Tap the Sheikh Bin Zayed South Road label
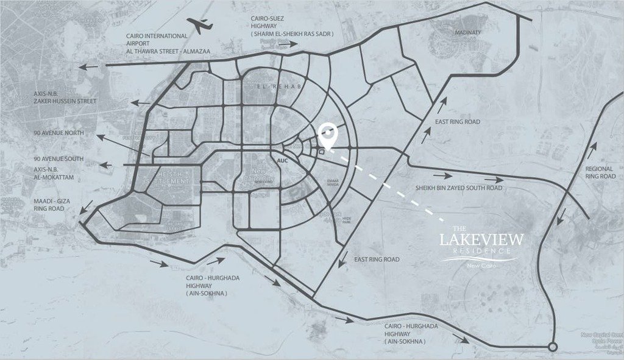(459, 188)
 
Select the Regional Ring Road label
(600, 172)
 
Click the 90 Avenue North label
(59, 133)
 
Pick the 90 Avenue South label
(59, 159)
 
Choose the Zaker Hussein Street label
(65, 101)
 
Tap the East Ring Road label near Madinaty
(457, 122)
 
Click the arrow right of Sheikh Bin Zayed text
(494, 180)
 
